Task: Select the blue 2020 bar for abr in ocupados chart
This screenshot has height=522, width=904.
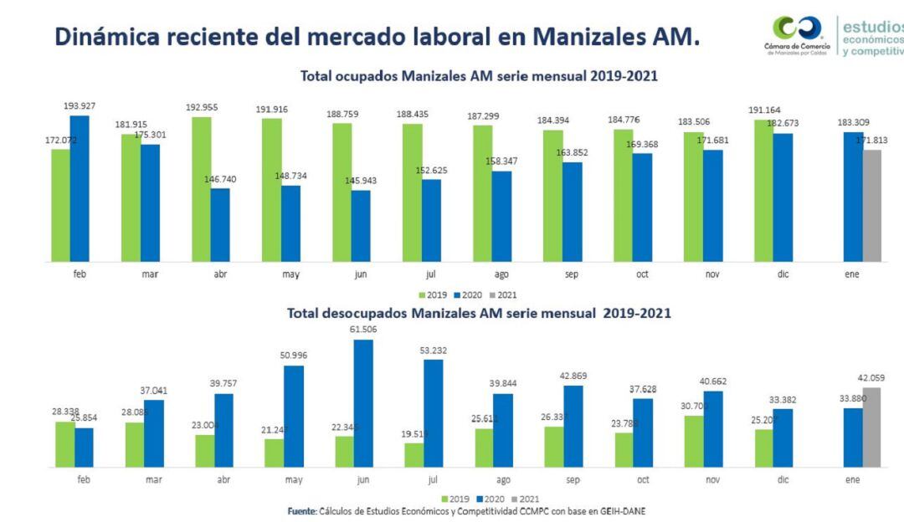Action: click(x=220, y=225)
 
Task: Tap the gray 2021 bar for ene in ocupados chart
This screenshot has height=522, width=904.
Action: click(x=872, y=206)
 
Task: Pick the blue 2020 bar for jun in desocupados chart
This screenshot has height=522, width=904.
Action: click(x=363, y=402)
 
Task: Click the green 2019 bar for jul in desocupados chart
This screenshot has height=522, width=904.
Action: click(x=413, y=454)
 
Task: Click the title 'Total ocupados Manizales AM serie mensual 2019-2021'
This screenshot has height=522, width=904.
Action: click(x=479, y=76)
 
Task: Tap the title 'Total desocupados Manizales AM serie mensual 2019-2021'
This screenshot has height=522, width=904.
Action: click(x=479, y=313)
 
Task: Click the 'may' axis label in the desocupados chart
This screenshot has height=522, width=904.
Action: click(x=293, y=480)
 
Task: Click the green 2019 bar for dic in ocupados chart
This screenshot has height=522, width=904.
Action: click(x=763, y=191)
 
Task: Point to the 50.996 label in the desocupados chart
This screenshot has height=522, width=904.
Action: click(x=294, y=356)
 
